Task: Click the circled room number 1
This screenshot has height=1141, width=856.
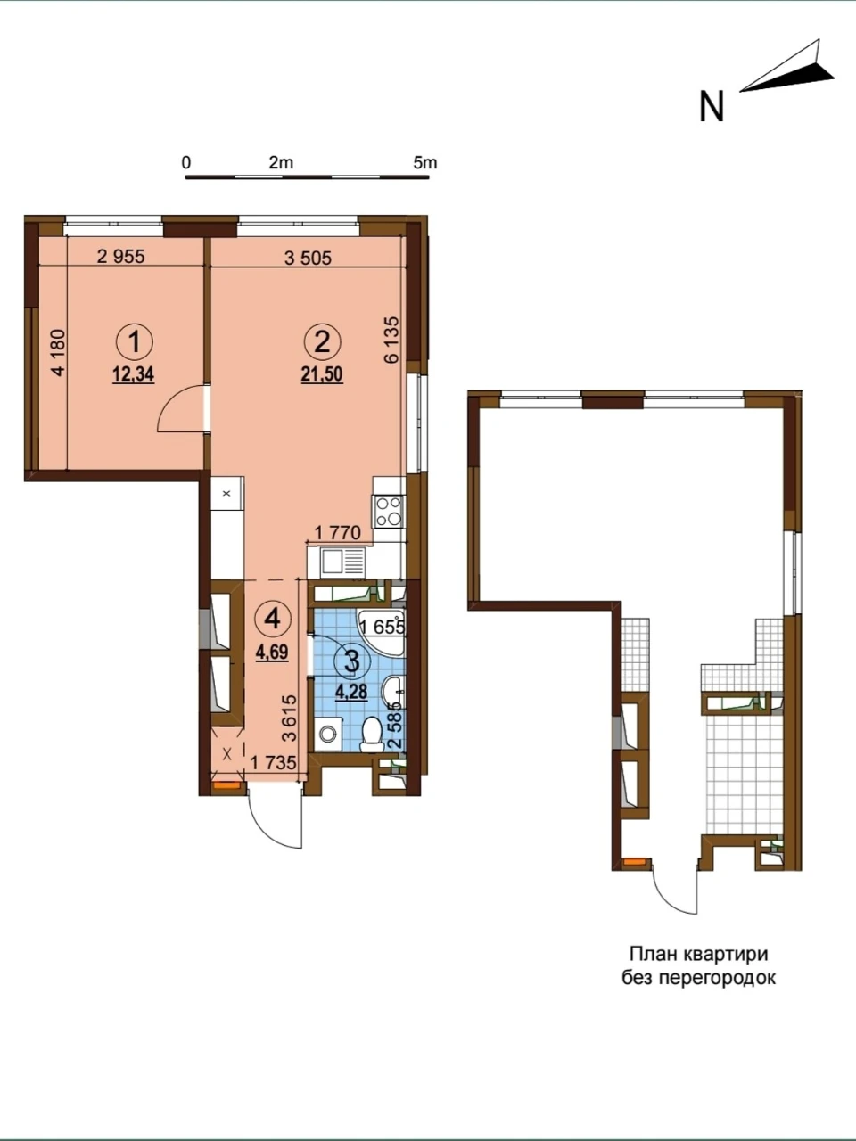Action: coord(134,343)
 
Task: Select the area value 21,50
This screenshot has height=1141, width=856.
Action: coord(322,374)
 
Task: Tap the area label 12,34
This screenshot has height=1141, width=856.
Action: coord(133,374)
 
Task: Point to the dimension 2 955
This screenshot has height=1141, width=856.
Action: coord(121,256)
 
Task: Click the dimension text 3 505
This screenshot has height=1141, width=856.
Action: coord(309,258)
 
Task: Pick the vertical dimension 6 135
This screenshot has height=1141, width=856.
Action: coord(391,340)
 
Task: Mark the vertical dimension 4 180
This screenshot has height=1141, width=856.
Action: coord(58,352)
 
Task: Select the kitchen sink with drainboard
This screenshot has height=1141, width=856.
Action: coord(343,562)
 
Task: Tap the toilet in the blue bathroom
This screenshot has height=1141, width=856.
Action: coord(372,734)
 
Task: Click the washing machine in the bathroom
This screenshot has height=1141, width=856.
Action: coord(327,734)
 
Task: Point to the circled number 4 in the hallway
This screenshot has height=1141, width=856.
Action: coord(273,619)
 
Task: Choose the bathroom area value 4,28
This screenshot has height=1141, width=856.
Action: coord(352,692)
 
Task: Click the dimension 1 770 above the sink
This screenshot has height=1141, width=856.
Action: coord(338,533)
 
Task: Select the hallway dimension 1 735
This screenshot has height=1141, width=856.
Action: coord(273,763)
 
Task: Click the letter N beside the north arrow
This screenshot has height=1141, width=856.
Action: coord(712,107)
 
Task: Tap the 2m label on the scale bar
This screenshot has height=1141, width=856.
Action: coord(281,163)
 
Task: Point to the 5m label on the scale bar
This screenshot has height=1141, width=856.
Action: coord(425,163)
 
